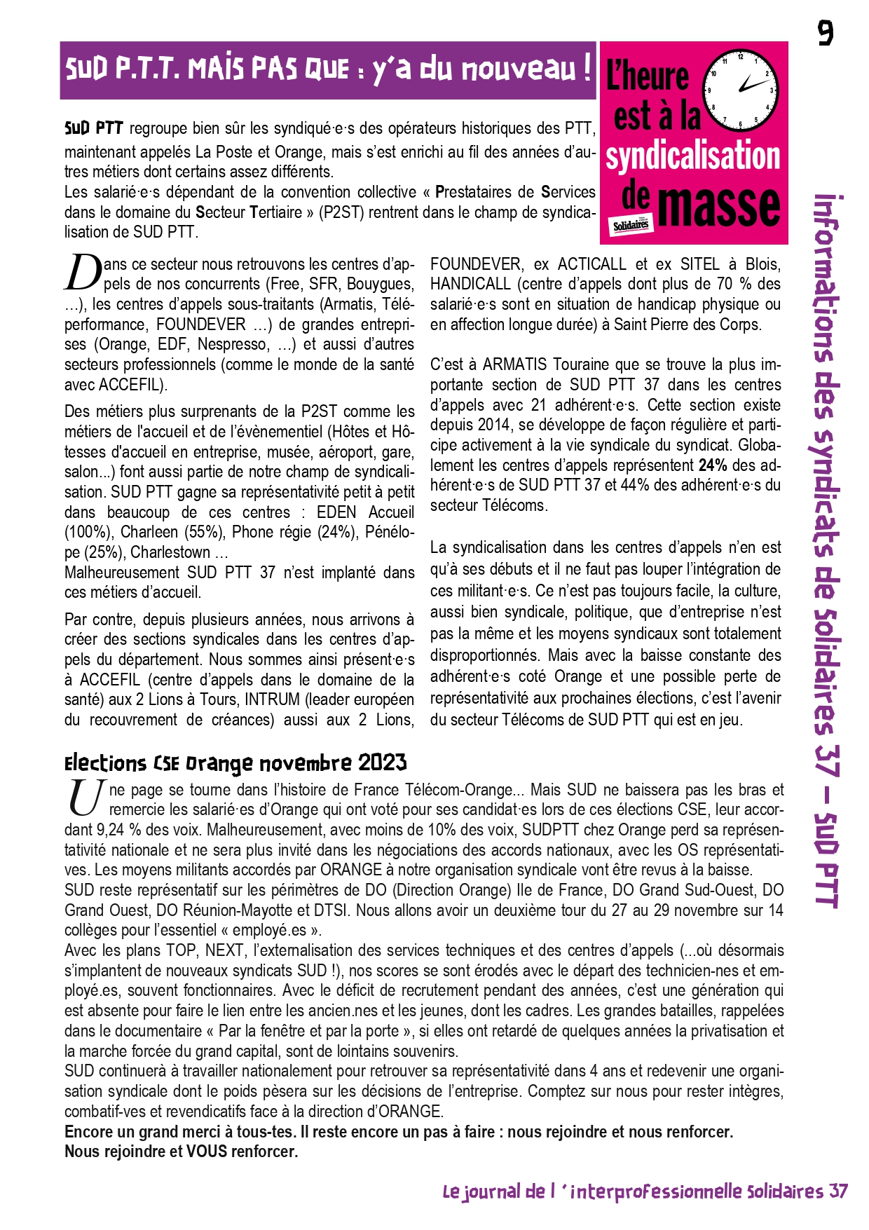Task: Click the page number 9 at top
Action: (826, 32)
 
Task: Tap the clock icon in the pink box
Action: (741, 90)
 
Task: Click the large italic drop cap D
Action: (83, 273)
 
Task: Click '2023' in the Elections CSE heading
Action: (383, 763)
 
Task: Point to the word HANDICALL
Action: (470, 284)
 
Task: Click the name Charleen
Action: (149, 532)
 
